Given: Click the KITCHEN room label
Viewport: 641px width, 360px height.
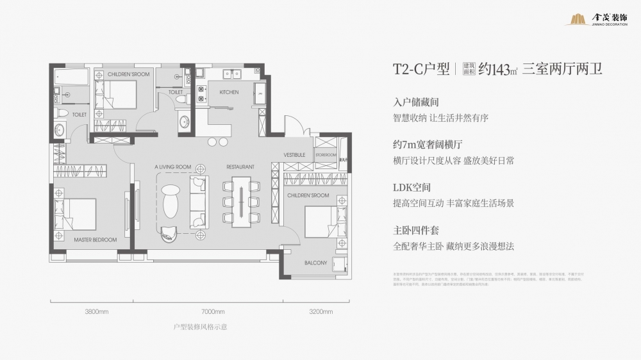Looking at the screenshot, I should click(x=229, y=92).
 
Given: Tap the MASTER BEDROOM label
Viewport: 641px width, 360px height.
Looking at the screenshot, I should click(x=95, y=240).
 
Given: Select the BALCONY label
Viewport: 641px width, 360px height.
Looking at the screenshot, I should click(x=316, y=263).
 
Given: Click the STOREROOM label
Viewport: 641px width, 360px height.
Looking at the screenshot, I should click(x=326, y=155).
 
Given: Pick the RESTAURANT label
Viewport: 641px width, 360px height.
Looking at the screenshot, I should click(x=240, y=167).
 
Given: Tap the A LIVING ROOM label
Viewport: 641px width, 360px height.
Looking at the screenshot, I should click(x=173, y=167).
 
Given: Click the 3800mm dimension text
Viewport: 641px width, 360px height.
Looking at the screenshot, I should click(x=96, y=312).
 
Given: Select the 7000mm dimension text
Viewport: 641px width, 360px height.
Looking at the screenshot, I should click(x=213, y=312).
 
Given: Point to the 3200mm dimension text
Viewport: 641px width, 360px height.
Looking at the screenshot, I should click(x=320, y=312).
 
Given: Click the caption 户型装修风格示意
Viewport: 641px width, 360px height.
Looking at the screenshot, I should click(x=201, y=327).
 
